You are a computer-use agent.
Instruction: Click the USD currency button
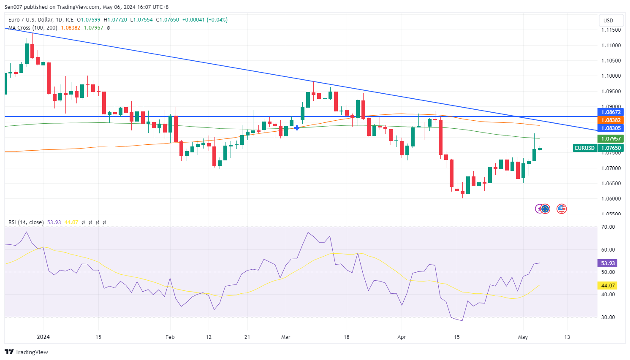[x=608, y=20]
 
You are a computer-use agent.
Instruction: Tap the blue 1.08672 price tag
[x=611, y=112]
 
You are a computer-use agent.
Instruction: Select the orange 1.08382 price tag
[x=611, y=120]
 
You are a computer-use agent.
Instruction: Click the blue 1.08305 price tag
[x=611, y=128]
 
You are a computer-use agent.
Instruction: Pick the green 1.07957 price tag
[x=611, y=139]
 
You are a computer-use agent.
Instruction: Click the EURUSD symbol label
[x=585, y=148]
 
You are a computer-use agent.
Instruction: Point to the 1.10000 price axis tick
[x=611, y=76]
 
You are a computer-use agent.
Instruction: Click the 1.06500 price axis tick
[x=611, y=184]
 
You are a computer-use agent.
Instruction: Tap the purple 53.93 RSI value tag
[x=608, y=263]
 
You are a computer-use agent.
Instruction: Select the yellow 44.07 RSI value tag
[x=608, y=286]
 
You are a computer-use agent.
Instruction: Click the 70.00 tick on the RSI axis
[x=608, y=227]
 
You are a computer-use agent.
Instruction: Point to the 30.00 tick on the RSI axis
[x=608, y=317]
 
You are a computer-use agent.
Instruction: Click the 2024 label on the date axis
[x=43, y=337]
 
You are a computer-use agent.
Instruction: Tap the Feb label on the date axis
[x=170, y=337]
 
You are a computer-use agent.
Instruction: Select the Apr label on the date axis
[x=402, y=337]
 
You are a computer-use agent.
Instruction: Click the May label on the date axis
[x=523, y=337]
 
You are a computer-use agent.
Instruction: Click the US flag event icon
[x=561, y=208]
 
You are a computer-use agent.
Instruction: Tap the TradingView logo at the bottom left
[x=27, y=352]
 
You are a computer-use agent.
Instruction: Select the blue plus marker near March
[x=297, y=127]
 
